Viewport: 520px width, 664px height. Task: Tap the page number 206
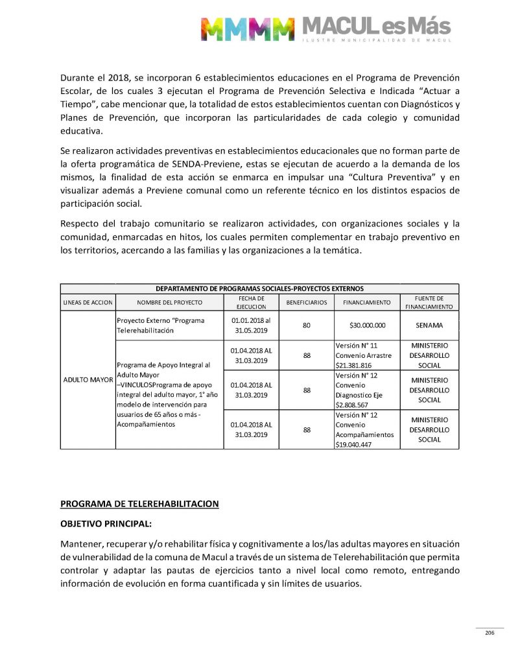[490, 633]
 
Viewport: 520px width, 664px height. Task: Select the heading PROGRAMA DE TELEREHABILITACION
[139, 503]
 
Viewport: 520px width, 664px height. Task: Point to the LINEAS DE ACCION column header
[88, 303]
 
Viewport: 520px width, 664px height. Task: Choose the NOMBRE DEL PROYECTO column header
[169, 303]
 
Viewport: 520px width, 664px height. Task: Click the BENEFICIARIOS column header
[306, 303]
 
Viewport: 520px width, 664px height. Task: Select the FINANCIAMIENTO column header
[367, 303]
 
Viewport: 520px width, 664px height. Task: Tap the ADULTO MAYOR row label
[88, 379]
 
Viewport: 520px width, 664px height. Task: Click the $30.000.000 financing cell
[367, 326]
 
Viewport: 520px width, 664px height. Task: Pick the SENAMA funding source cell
[429, 326]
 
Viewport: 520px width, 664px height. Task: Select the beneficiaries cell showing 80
[306, 326]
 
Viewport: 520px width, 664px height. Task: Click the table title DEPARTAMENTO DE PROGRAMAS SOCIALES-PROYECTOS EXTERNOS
[259, 289]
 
